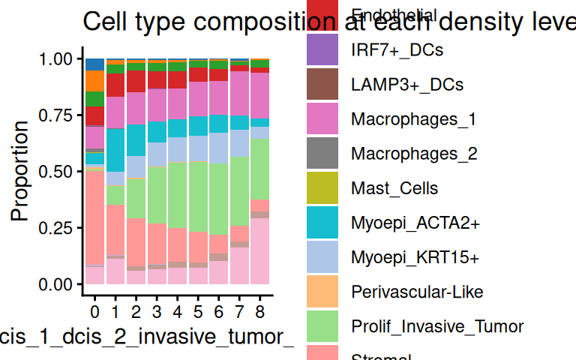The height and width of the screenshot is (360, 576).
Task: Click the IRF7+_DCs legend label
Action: (397, 51)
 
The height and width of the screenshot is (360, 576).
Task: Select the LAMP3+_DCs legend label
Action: (406, 85)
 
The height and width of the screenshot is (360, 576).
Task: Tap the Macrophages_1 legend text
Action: (412, 119)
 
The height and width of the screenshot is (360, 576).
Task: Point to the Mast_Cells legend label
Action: (394, 188)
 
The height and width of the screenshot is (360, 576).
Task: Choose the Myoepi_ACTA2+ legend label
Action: (415, 223)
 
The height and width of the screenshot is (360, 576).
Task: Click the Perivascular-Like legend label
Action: (417, 292)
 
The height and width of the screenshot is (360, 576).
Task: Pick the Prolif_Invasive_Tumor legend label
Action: (436, 326)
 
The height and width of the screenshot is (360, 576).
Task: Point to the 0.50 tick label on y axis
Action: (58, 172)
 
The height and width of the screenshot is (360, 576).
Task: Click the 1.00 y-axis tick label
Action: (58, 58)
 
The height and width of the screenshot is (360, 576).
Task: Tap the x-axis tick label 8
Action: (260, 309)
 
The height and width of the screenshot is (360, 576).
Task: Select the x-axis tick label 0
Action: (95, 309)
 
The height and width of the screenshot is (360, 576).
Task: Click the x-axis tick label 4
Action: (178, 309)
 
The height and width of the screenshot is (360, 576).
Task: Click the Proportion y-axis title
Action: (20, 171)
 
